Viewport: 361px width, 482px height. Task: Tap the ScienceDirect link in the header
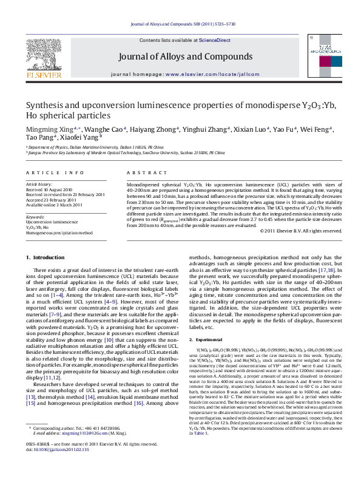[x=214, y=39]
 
